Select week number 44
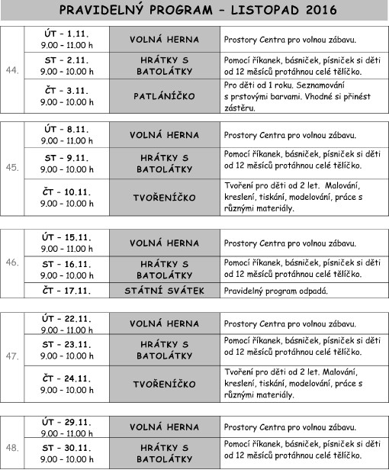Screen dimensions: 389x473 [12, 71]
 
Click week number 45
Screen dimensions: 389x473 [12, 167]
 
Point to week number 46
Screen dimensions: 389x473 [12, 262]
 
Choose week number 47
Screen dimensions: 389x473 [12, 357]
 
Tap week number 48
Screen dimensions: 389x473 [12, 447]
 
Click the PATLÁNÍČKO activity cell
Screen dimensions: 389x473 [164, 97]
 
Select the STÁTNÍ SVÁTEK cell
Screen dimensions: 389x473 [164, 291]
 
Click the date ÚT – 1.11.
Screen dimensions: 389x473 [67, 34]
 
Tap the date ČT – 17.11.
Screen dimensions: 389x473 [67, 291]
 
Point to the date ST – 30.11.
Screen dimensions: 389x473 [67, 447]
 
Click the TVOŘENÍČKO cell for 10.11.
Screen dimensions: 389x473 [164, 198]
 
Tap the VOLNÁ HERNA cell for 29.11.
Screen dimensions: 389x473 [164, 426]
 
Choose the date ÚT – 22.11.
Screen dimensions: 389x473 [67, 319]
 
